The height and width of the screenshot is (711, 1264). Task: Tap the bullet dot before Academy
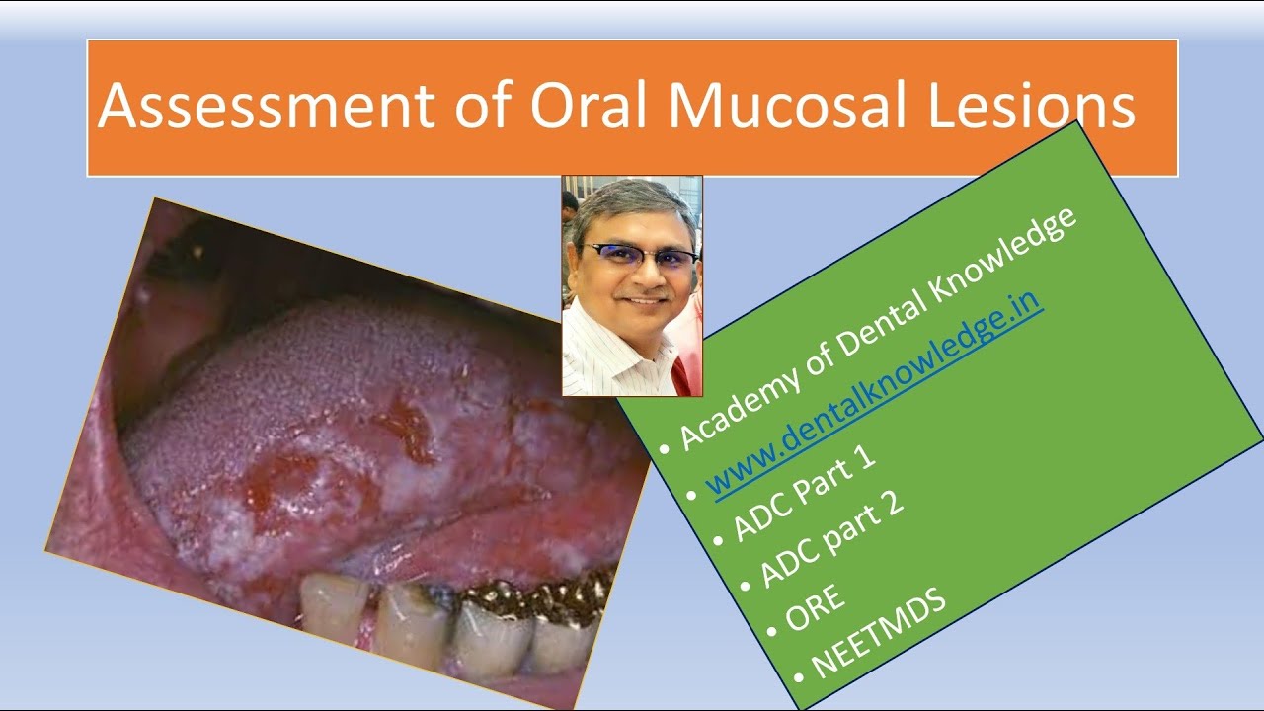pos(663,449)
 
